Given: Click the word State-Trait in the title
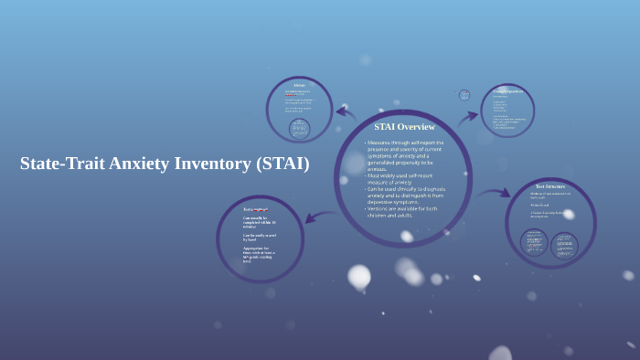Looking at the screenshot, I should coord(62,164).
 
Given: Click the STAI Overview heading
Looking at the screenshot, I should coord(404,126).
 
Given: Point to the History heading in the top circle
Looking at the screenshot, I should coord(299,85).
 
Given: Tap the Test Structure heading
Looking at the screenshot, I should coord(550,186).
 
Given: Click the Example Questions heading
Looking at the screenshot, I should coord(508,91).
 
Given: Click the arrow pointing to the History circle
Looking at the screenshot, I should coord(346,112).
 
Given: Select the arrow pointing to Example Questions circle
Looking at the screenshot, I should coord(468,119).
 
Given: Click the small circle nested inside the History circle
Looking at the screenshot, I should coord(299,128).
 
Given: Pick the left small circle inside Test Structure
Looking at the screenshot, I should coord(535,242).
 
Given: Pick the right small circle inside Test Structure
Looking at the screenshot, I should coord(564,245).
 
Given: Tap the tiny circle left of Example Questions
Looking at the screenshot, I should coord(464,94).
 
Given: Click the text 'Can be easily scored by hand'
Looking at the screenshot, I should coord(259,237).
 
